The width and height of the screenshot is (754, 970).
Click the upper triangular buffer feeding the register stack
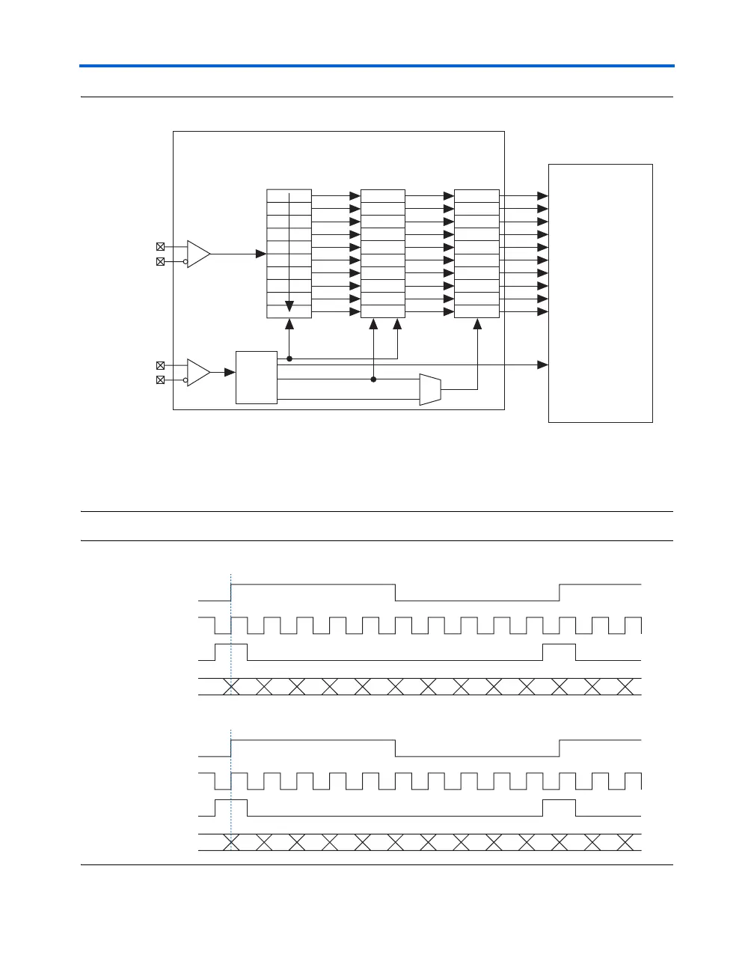[197, 254]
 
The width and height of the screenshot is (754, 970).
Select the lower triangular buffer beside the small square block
[197, 372]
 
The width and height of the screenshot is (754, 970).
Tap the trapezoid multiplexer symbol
[430, 389]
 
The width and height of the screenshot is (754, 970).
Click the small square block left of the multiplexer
[257, 376]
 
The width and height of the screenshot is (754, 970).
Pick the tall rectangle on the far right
[601, 293]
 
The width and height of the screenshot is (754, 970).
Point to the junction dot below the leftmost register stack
[289, 359]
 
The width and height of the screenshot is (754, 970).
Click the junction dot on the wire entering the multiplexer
[373, 379]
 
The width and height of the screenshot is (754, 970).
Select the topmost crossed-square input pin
[160, 246]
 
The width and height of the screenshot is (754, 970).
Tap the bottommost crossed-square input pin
[160, 380]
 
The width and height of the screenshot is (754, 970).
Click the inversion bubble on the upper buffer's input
[185, 262]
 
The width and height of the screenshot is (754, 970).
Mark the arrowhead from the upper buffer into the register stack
[262, 254]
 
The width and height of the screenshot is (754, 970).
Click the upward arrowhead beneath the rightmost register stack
[477, 323]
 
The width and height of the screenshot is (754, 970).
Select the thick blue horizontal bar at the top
[377, 66]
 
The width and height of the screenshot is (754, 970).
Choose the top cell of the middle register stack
[383, 195]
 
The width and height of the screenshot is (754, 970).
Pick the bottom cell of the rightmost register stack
[476, 311]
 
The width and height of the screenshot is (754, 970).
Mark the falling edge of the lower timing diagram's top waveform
[395, 748]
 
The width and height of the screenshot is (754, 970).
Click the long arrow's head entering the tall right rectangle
[543, 364]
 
